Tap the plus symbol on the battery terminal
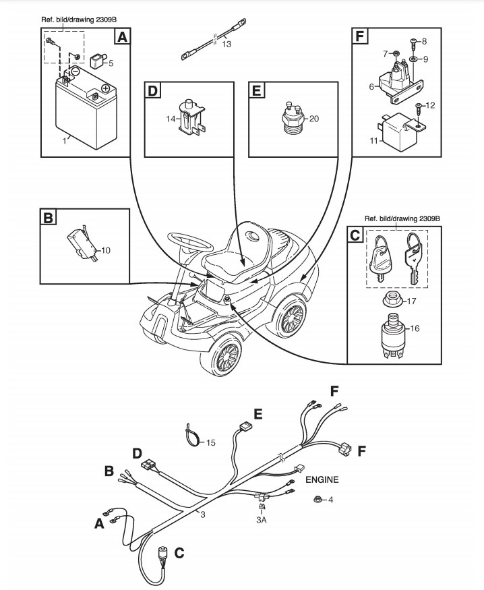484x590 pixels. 106,89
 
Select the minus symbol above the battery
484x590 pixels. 75,70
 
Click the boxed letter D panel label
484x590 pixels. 152,90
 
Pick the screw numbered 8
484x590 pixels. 413,45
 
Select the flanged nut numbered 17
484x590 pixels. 394,299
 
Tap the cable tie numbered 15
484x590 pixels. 193,435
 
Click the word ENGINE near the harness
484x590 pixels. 322,479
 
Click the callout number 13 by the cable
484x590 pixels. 226,44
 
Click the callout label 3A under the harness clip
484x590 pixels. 262,520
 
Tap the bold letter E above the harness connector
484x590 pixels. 258,414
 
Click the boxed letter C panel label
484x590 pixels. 355,234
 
